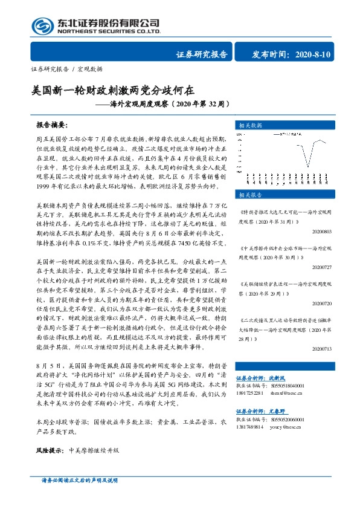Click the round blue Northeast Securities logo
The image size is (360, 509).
tap(41, 25)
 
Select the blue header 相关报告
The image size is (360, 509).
tap(250, 195)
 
